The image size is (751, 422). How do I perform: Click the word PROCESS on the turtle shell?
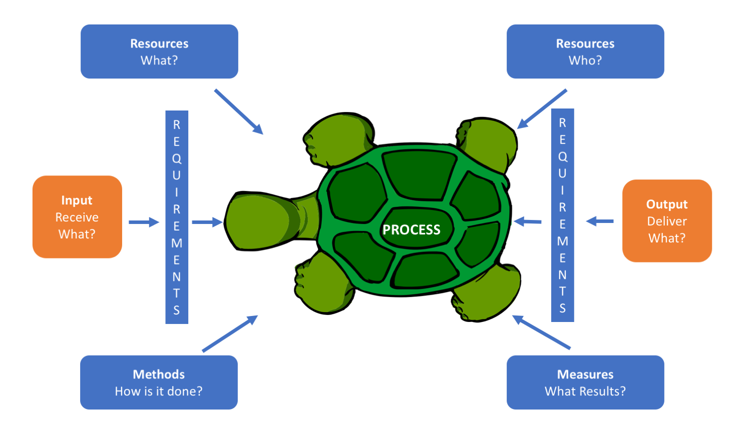pos(412,229)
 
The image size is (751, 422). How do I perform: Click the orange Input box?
pos(77,217)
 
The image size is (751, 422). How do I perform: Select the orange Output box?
pos(667,221)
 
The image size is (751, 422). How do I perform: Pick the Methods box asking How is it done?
pos(159,382)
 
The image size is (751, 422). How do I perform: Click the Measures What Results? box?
pos(585,382)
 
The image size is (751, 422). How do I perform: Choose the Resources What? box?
pos(159,51)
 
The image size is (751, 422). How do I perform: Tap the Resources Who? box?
pos(585,51)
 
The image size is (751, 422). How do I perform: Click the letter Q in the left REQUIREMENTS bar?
pos(177,158)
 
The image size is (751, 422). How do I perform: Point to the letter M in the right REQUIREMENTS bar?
pos(563,241)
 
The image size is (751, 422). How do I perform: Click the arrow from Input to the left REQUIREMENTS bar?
pos(144,222)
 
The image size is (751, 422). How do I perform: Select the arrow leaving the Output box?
pos(600,221)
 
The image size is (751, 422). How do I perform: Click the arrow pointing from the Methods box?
pos(230,333)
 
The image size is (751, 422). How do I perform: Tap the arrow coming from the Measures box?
pos(541,332)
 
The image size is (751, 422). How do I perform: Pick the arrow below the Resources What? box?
pos(238,111)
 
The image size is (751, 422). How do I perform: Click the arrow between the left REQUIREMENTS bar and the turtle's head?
pos(207,222)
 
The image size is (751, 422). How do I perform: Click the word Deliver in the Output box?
pos(667,221)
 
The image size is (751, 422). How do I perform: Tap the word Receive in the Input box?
pos(77,217)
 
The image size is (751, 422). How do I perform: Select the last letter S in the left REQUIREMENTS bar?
pos(177,310)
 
